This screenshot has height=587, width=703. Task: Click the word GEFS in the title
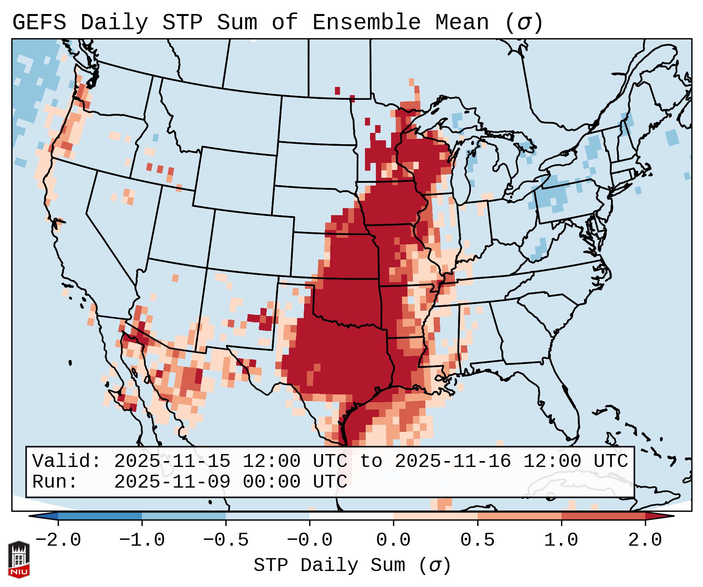[39, 22]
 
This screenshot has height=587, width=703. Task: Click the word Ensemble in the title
[367, 22]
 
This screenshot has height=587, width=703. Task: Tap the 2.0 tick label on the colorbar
[645, 540]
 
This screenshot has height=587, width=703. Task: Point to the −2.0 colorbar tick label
[58, 540]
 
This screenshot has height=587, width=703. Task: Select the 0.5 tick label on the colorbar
[477, 540]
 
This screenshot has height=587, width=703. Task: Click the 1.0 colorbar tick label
[561, 540]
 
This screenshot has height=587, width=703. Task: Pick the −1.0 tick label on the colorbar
[142, 540]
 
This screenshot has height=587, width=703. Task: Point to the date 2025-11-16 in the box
[453, 461]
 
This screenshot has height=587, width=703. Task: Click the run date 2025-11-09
[172, 482]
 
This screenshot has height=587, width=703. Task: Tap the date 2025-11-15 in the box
[172, 461]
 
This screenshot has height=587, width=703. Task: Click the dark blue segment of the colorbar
[100, 516]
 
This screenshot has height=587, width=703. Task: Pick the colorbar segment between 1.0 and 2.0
[603, 516]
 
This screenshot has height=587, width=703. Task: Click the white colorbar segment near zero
[351, 516]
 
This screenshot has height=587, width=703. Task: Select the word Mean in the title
[462, 22]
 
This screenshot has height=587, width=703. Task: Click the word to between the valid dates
[371, 461]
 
